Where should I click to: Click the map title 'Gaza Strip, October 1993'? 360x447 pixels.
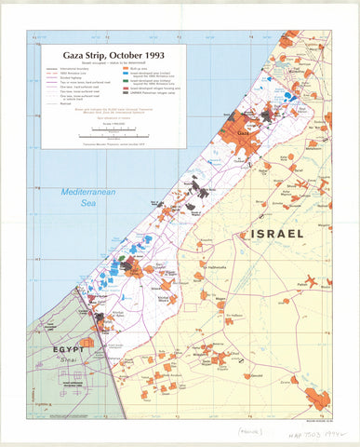tap(108, 55)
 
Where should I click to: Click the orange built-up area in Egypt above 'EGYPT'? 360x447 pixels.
tap(86, 343)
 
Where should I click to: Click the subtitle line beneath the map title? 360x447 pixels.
tap(108, 63)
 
